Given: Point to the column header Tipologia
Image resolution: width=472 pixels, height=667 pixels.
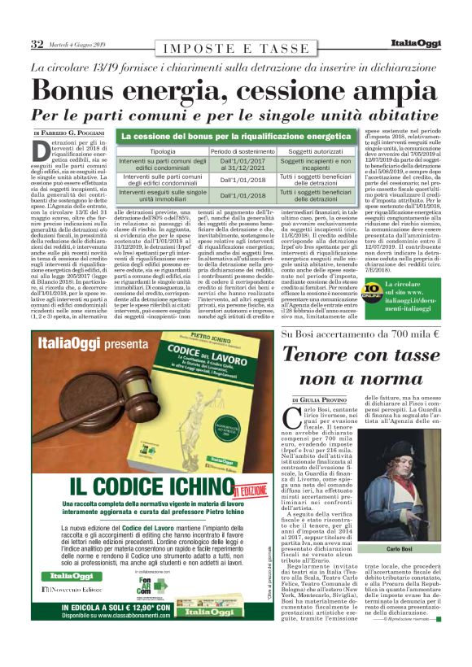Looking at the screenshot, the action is (162, 152).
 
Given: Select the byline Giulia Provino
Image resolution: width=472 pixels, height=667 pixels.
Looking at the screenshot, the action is (323, 401).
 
